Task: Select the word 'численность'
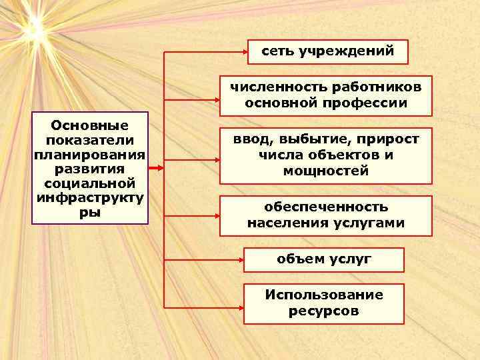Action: click(269, 87)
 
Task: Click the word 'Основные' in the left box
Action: click(89, 125)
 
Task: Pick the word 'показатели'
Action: click(89, 139)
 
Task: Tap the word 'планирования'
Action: click(89, 154)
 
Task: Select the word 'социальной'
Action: click(89, 183)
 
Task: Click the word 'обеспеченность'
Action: click(325, 207)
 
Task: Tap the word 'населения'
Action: click(278, 223)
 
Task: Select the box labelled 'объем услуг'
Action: click(324, 259)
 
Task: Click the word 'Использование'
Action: click(324, 295)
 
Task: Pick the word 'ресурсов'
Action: click(324, 311)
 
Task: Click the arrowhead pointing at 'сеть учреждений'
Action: click(243, 51)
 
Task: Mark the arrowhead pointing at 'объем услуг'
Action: click(239, 260)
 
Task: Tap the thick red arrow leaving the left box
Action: click(154, 168)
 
